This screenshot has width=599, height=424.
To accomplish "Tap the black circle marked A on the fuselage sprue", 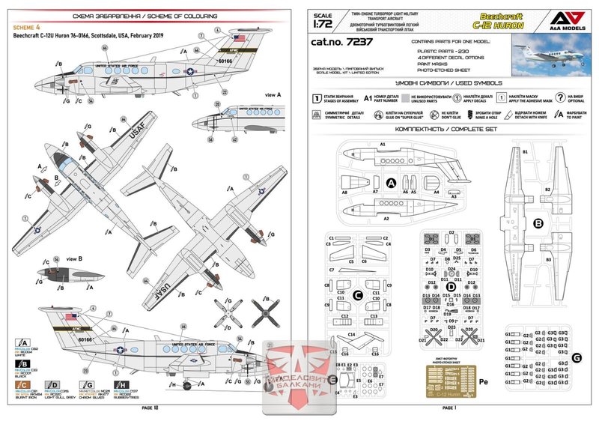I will coord(390,182).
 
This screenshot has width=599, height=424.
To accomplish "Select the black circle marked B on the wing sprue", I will coord(537,222).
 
